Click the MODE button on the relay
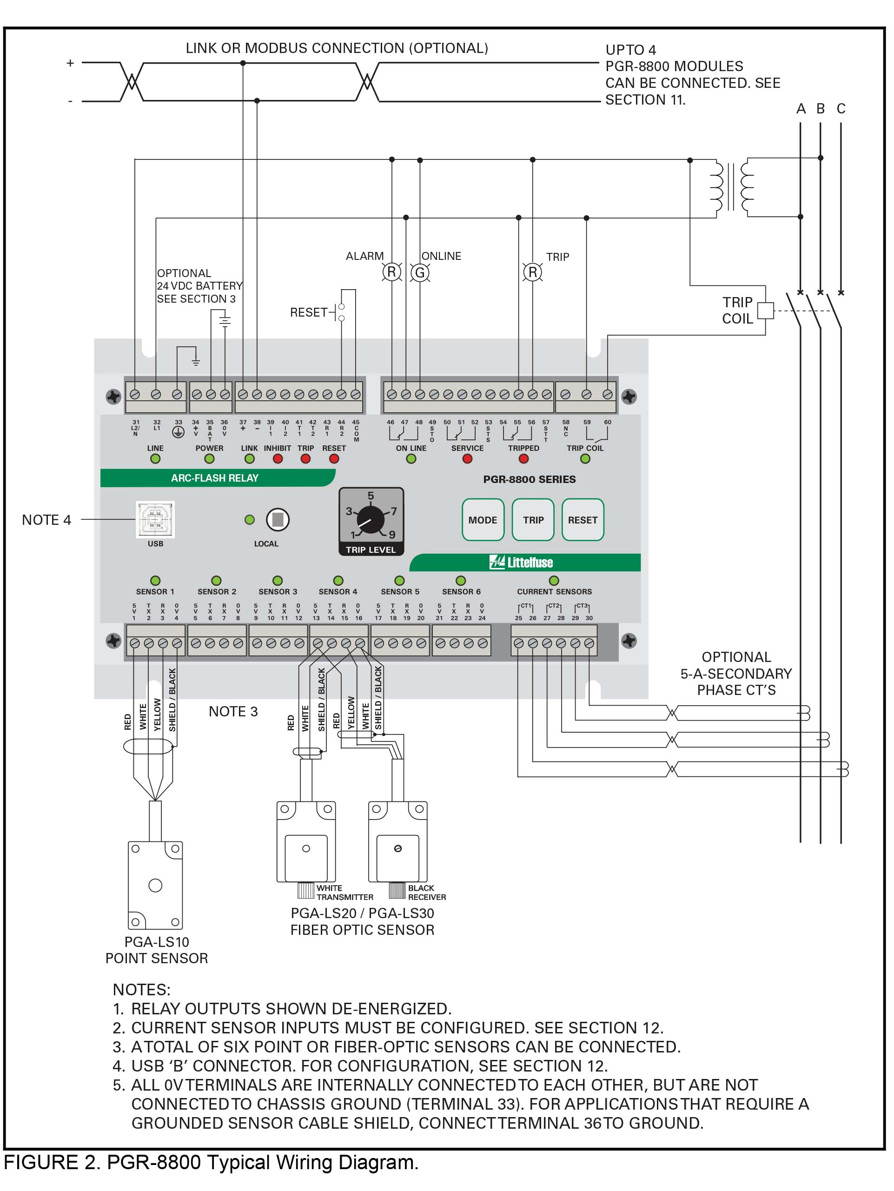[x=483, y=520]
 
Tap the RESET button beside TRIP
[x=583, y=520]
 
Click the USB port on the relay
[x=155, y=519]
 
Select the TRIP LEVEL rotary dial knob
[x=371, y=520]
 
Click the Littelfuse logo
[x=521, y=562]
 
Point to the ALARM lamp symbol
[x=391, y=272]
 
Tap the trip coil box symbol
[x=765, y=311]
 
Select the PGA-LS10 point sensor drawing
[x=155, y=885]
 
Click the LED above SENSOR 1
[x=155, y=581]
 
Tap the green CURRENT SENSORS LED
[x=554, y=581]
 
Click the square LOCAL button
[x=278, y=520]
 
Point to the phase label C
[x=841, y=109]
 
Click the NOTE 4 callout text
[x=46, y=520]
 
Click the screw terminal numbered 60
[x=608, y=394]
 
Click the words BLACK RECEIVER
[x=426, y=892]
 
